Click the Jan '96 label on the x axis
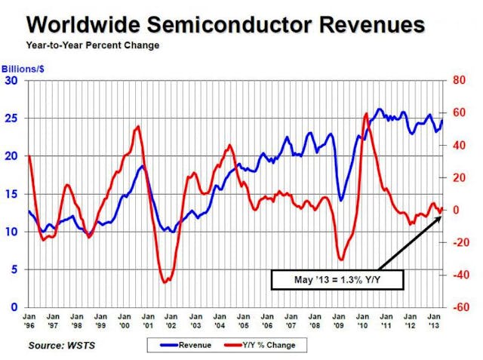[x=29, y=320]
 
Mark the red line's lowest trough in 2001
[x=165, y=282]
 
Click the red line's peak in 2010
[x=366, y=113]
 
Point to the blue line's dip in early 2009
[x=342, y=201]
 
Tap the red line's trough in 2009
[x=341, y=259]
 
